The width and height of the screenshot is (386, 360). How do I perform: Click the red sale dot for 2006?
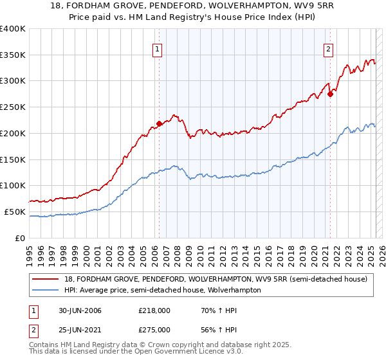[x=159, y=123]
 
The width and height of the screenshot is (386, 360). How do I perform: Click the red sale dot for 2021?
[x=330, y=94]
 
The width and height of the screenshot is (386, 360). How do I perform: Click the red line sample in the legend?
[x=46, y=279]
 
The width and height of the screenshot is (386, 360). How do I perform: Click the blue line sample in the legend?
[x=46, y=290]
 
